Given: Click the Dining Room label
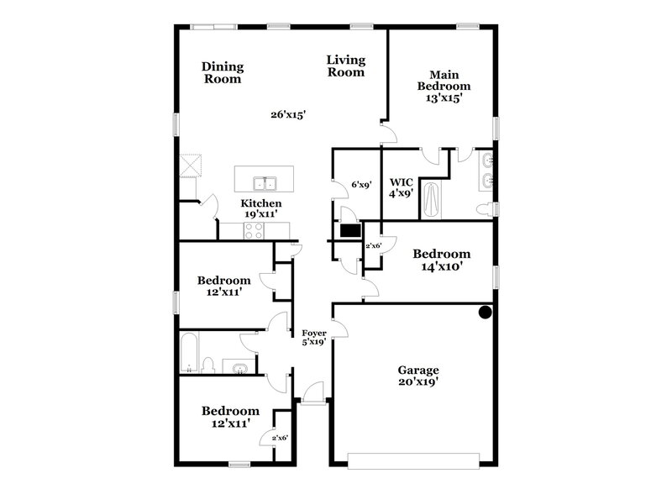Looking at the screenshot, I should pos(223,73).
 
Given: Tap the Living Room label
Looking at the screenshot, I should pos(346,66).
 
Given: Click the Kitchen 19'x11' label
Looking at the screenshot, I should pos(261,209).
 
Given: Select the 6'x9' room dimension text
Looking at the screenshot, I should pos(361,184).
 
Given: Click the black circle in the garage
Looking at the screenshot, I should pos(485,313).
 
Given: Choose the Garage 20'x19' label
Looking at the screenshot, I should pos(418,376).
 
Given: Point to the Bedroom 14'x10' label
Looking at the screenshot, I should pos(441,260).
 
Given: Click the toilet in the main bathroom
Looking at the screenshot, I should pos(485,209).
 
